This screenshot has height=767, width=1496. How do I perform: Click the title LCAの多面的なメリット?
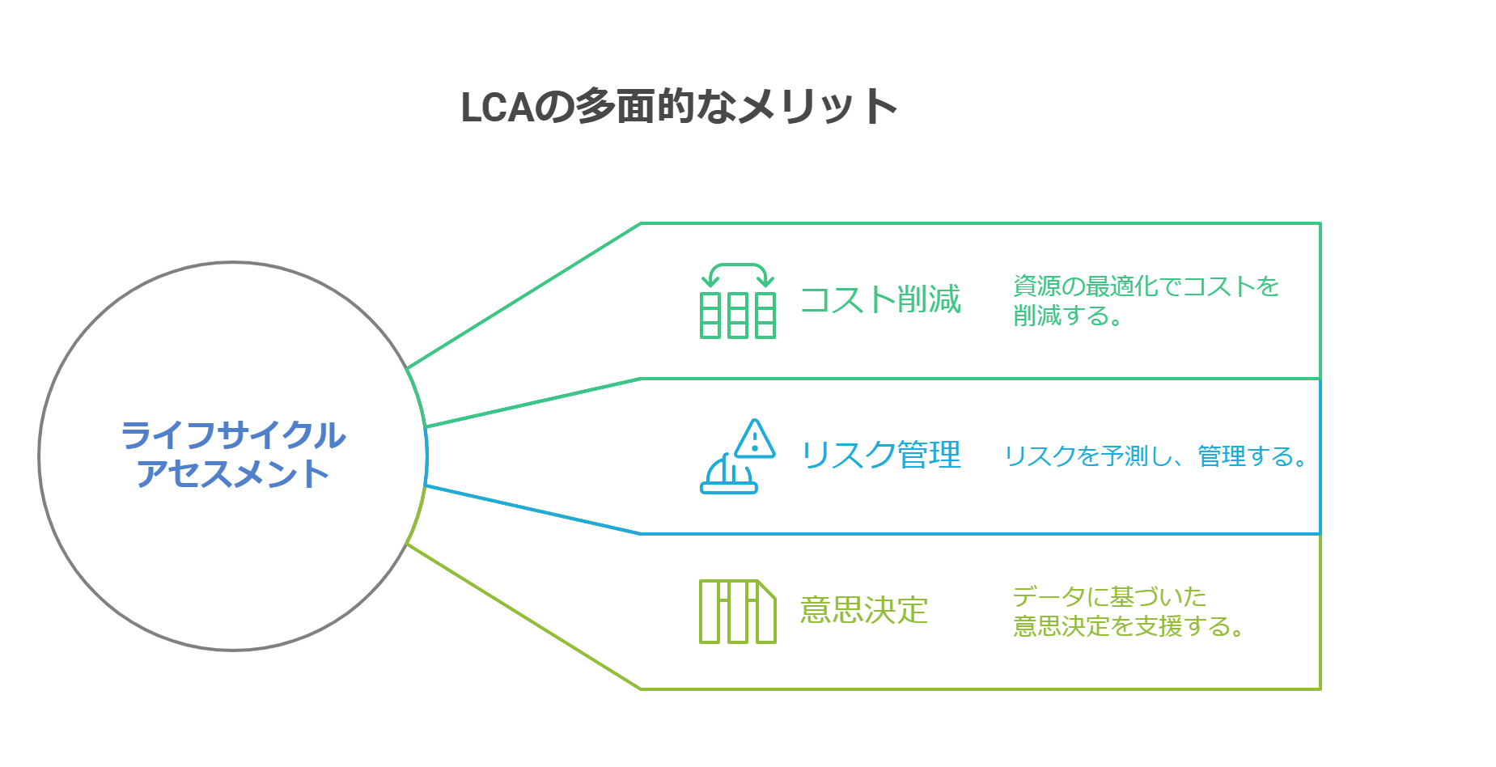click(x=678, y=107)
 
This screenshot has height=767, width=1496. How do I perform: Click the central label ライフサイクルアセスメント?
click(x=233, y=455)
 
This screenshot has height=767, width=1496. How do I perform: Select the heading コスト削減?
click(x=879, y=299)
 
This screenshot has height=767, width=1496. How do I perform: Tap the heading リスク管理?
click(x=879, y=455)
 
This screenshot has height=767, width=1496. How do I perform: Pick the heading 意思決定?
click(x=863, y=610)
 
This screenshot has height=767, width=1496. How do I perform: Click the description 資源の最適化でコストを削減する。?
click(x=1145, y=300)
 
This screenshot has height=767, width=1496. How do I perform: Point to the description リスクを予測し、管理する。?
click(x=1155, y=456)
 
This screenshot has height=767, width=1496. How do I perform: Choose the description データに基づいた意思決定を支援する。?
click(x=1127, y=611)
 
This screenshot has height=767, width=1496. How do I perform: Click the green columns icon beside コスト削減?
click(x=737, y=315)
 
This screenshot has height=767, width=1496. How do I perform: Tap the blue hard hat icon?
click(x=728, y=476)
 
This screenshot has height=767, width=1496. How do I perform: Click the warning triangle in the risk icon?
click(x=756, y=439)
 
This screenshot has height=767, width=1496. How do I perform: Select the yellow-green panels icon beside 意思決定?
click(x=737, y=612)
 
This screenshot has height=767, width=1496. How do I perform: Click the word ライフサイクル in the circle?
click(x=233, y=436)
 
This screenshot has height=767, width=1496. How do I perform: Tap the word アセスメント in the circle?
click(x=233, y=474)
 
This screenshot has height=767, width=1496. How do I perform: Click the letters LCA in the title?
click(x=497, y=107)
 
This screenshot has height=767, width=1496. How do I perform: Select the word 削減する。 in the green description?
click(x=1067, y=316)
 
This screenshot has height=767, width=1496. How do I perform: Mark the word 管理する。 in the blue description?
click(x=1251, y=456)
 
